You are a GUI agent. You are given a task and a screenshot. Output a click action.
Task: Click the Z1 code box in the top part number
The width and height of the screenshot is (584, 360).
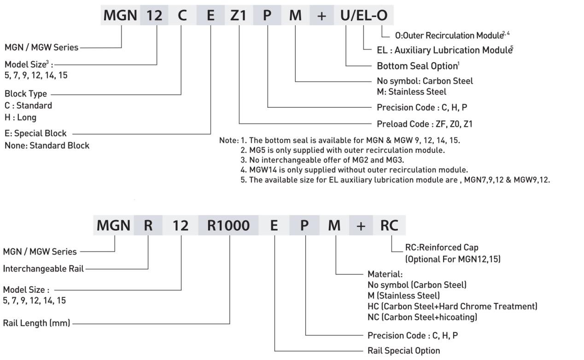pyautogui.click(x=239, y=16)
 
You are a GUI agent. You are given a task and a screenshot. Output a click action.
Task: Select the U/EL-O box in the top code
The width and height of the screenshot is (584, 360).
pyautogui.click(x=364, y=16)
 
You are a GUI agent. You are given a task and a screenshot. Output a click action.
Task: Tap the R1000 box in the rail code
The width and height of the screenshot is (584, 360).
pyautogui.click(x=229, y=226)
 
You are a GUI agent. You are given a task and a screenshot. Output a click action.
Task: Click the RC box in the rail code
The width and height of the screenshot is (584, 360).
pyautogui.click(x=389, y=226)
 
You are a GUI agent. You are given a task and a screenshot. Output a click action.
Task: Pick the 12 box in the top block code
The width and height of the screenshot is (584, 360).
pyautogui.click(x=154, y=16)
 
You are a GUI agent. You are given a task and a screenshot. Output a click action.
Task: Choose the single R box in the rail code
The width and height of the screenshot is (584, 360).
pyautogui.click(x=148, y=226)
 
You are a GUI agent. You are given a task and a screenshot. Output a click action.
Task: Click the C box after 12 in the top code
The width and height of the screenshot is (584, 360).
pyautogui.click(x=182, y=16)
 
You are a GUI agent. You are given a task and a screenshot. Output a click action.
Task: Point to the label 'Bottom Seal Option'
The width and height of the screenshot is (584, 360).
pyautogui.click(x=417, y=66)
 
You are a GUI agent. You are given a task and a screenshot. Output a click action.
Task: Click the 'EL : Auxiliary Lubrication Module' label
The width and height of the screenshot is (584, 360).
pyautogui.click(x=444, y=50)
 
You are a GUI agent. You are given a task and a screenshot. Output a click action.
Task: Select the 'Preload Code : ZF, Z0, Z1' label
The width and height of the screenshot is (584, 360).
pyautogui.click(x=424, y=123)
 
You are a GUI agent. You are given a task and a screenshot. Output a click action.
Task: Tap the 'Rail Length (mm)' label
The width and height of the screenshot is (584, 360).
pyautogui.click(x=36, y=323)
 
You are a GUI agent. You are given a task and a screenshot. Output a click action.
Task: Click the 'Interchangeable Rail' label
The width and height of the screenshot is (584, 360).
pyautogui.click(x=43, y=269)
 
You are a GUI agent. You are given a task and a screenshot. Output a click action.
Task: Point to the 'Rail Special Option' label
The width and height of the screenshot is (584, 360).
pyautogui.click(x=403, y=351)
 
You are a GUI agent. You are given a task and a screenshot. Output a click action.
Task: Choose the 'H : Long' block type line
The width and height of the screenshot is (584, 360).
pyautogui.click(x=20, y=117)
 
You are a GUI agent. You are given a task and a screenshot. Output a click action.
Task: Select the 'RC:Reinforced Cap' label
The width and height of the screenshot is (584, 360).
pyautogui.click(x=441, y=248)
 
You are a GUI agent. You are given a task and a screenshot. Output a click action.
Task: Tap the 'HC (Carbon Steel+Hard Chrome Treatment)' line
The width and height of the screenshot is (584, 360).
pyautogui.click(x=452, y=306)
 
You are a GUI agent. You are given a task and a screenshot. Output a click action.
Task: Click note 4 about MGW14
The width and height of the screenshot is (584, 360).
pyautogui.click(x=354, y=170)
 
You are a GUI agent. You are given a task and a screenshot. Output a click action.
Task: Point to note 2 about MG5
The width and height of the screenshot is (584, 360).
pyautogui.click(x=343, y=150)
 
